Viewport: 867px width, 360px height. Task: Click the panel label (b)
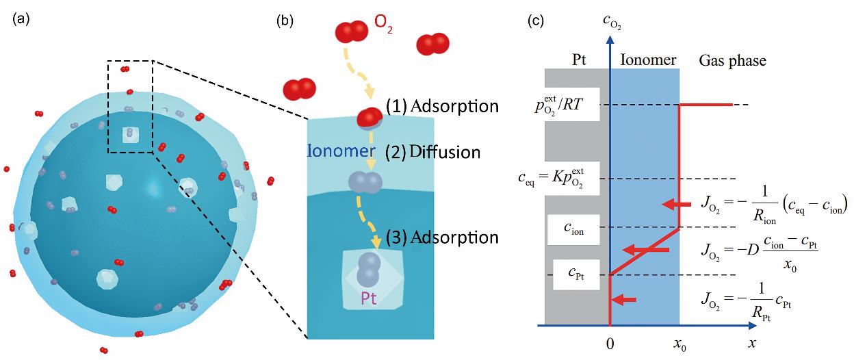(x=284, y=21)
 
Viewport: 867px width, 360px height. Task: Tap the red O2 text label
(x=383, y=30)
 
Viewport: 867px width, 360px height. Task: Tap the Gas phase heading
(x=732, y=61)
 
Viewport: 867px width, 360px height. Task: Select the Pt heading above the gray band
(x=579, y=60)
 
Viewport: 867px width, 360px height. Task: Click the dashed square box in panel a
(x=130, y=107)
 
